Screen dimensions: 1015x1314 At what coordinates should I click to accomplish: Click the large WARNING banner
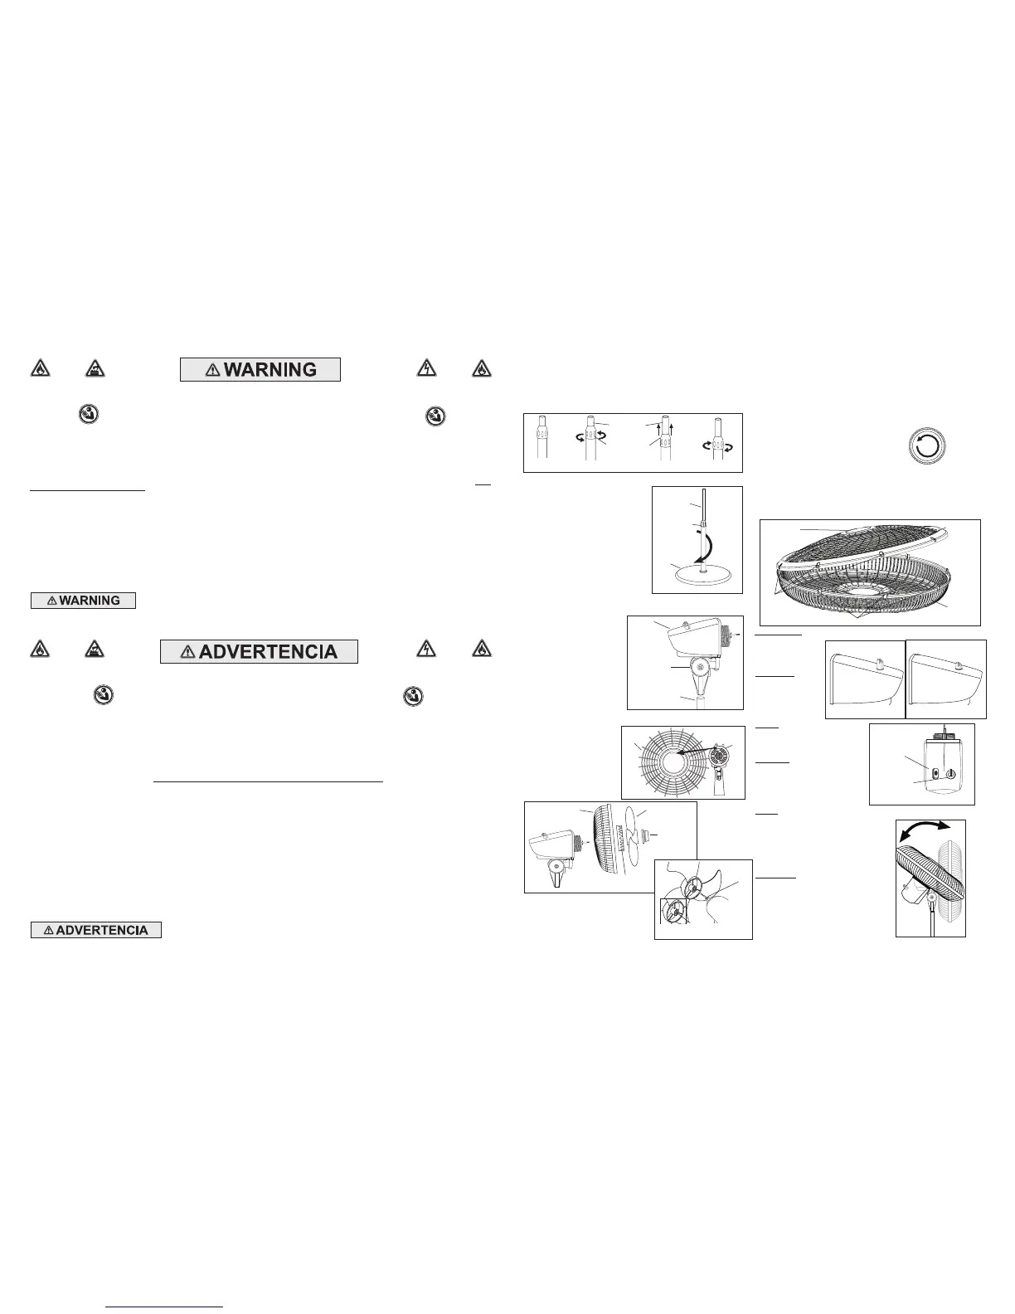click(260, 369)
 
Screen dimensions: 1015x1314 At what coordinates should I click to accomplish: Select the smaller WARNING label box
click(83, 600)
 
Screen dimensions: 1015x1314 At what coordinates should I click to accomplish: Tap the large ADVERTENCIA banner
click(259, 651)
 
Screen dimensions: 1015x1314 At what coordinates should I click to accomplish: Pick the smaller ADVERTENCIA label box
click(96, 930)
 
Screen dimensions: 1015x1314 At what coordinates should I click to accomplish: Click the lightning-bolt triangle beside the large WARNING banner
click(425, 368)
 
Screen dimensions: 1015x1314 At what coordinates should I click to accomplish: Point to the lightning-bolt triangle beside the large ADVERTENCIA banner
click(425, 650)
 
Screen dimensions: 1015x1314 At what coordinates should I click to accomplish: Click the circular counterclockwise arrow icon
click(927, 445)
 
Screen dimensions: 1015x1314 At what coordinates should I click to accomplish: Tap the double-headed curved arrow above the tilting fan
click(930, 833)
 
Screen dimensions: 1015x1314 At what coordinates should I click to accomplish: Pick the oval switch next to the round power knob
click(935, 774)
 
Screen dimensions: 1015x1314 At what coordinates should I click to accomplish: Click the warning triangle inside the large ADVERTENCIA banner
click(187, 652)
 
